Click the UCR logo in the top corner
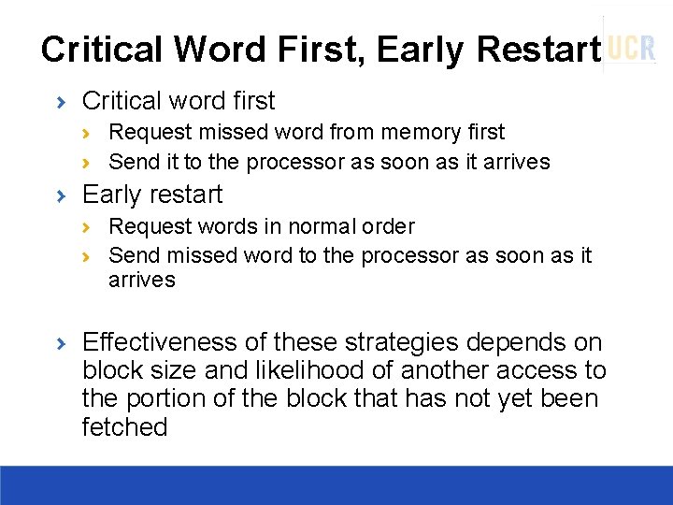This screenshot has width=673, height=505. [632, 48]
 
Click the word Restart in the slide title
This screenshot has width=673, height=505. [537, 50]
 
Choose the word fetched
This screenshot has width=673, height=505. [124, 427]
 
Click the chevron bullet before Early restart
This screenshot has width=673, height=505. [61, 195]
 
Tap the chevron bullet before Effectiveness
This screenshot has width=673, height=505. [61, 343]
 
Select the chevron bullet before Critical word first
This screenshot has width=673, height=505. [61, 101]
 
